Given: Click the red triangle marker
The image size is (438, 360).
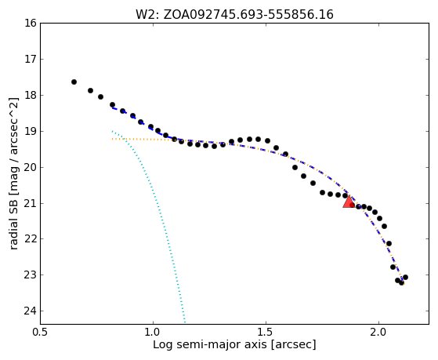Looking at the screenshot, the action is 349,202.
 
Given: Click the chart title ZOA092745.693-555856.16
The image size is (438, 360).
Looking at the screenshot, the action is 248,15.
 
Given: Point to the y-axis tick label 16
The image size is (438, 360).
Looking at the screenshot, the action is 31,24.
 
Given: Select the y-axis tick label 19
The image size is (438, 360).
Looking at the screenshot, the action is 31,131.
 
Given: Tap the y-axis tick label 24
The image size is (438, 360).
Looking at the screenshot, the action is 31,311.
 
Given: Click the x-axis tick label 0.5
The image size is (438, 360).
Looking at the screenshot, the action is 41,333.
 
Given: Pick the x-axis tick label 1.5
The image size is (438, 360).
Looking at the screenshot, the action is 266,333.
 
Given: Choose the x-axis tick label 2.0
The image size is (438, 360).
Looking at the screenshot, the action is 378,333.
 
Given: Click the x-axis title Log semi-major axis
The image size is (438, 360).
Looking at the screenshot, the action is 210,345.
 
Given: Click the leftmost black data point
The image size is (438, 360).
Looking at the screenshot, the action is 74,82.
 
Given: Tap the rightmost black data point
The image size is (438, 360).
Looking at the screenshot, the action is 405,277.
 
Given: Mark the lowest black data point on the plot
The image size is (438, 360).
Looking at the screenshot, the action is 401,282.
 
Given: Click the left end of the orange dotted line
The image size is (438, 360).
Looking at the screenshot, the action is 112,139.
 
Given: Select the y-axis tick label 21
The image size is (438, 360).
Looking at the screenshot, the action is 31,203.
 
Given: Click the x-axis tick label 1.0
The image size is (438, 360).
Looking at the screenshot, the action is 153,333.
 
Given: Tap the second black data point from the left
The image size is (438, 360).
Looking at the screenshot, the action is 91,90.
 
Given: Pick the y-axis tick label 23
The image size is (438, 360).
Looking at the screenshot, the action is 31,275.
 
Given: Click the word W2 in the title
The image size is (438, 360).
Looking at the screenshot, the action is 146,15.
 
